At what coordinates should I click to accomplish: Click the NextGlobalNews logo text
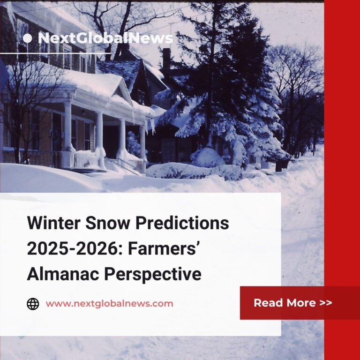[105, 38]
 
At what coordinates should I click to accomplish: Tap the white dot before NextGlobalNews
[27, 38]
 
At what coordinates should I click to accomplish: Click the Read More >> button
[293, 303]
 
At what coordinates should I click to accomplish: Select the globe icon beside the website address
[33, 304]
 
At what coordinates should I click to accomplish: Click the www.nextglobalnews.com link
[109, 304]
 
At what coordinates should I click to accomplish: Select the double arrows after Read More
[326, 303]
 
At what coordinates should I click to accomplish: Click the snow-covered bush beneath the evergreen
[207, 157]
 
